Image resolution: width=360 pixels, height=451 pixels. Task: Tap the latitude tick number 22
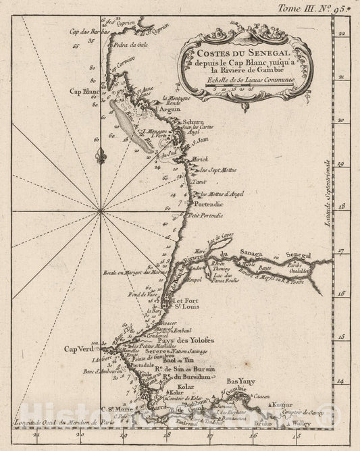coord(342,32)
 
